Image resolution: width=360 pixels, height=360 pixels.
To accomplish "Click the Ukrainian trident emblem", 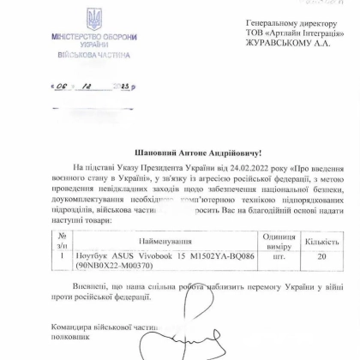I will (x=93, y=19).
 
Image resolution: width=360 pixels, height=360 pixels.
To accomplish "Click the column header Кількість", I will (x=322, y=240).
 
